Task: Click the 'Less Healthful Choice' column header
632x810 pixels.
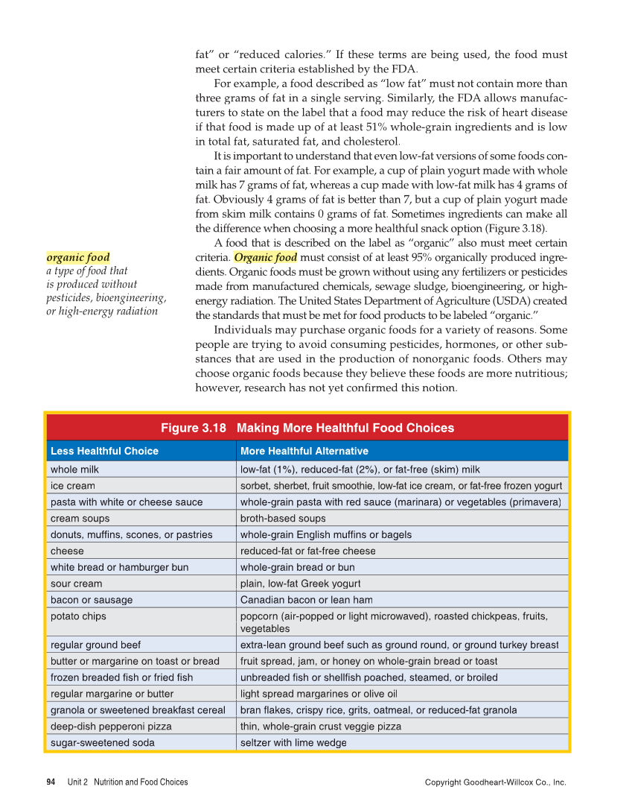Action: click(104, 451)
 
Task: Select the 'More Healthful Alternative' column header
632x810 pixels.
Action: click(304, 451)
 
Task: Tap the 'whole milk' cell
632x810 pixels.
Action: click(74, 469)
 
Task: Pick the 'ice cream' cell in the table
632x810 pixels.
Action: click(72, 486)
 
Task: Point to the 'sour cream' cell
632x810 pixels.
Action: click(76, 583)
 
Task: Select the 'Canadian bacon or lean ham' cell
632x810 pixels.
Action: click(306, 600)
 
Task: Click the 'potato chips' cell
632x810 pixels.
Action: click(78, 616)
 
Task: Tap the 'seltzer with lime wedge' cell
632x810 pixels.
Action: click(293, 742)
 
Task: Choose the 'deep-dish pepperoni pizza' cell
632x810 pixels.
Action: click(111, 726)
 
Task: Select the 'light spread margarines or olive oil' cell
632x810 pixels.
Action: click(318, 693)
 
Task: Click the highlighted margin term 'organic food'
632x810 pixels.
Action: click(78, 258)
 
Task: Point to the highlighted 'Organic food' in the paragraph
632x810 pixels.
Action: click(265, 258)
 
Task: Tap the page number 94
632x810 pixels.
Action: click(51, 782)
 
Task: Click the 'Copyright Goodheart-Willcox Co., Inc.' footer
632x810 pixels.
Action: click(495, 782)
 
